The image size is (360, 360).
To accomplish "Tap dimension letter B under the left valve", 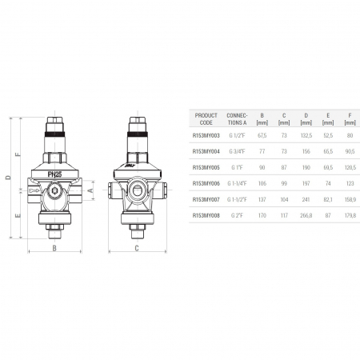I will point(54,249).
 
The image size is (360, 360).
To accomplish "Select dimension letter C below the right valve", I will point(136,249).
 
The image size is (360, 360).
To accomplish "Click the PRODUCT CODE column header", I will point(206,118).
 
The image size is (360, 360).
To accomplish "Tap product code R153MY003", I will point(206,137).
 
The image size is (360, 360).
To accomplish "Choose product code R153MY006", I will point(206,183).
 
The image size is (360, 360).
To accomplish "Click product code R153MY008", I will point(206,214).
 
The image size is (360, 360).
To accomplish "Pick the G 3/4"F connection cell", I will point(238,152).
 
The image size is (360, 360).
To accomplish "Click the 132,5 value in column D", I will point(305,137).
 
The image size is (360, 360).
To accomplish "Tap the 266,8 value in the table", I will point(305,214).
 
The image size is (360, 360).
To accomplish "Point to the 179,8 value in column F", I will point(349,214).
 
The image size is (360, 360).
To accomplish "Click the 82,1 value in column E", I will point(327,199).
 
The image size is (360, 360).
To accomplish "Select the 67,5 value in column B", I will point(262,137).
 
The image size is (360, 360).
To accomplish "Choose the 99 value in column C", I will point(283,183).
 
